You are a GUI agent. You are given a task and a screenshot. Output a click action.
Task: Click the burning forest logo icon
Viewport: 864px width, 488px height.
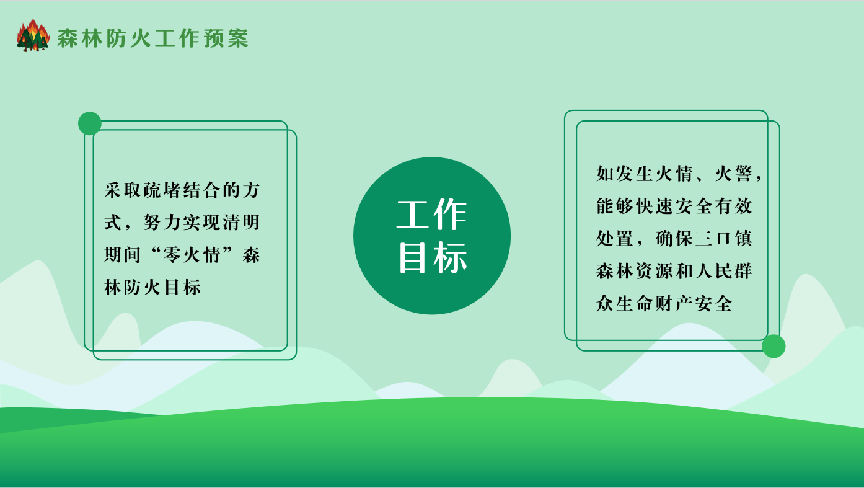click(x=33, y=35)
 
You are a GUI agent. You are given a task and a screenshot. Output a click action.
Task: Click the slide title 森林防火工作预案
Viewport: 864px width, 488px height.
click(x=152, y=38)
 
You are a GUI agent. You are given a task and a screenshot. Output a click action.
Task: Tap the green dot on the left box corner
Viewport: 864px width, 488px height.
click(x=90, y=123)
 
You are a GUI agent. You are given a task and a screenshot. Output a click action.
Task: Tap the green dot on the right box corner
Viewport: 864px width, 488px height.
click(x=774, y=346)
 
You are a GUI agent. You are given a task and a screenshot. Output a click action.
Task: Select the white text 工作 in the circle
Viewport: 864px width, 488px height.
click(x=432, y=215)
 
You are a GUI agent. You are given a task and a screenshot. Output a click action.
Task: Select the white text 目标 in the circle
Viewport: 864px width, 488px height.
click(x=433, y=258)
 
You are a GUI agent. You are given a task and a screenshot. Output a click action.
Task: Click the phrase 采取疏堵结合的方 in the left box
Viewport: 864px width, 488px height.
click(x=182, y=190)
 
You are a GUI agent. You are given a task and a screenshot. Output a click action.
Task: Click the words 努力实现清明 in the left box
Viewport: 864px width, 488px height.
click(x=201, y=223)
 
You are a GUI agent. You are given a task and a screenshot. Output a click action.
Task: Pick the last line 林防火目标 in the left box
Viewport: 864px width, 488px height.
click(x=152, y=287)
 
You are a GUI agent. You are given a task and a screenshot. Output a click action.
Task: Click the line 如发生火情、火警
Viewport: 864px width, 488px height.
click(x=674, y=174)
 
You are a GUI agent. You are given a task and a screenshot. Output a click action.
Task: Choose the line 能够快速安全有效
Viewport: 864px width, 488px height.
click(x=674, y=206)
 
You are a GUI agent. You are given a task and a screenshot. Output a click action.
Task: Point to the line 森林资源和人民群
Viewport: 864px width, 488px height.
click(x=674, y=271)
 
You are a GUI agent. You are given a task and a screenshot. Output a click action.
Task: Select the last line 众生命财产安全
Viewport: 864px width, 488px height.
click(x=664, y=303)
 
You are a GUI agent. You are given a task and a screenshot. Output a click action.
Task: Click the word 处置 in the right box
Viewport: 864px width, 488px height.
click(x=615, y=238)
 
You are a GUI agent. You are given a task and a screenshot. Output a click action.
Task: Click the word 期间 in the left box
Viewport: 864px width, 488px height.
click(x=122, y=255)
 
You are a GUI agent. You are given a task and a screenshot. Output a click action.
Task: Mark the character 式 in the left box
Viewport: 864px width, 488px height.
click(x=113, y=223)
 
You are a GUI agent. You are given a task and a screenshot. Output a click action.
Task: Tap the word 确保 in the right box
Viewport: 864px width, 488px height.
click(x=674, y=238)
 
